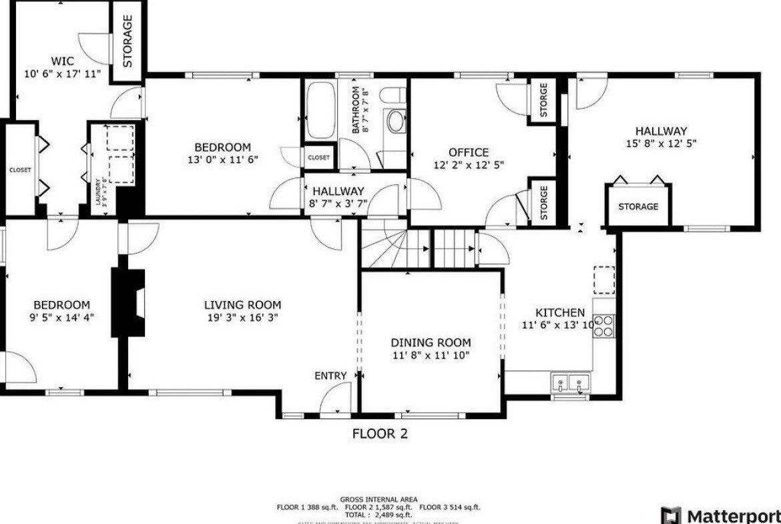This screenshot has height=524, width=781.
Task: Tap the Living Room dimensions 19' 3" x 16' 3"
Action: (x=242, y=318)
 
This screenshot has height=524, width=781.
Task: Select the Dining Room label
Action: (x=431, y=342)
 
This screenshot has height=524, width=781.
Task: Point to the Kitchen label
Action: (x=560, y=312)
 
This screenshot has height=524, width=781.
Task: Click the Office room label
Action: (x=469, y=152)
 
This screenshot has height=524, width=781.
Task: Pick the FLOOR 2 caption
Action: (x=380, y=434)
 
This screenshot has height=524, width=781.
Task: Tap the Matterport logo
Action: (x=720, y=516)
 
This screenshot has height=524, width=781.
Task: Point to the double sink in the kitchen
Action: (x=571, y=383)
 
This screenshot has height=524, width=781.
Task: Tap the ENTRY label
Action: (x=330, y=376)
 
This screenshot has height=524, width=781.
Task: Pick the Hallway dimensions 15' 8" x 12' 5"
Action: (x=661, y=144)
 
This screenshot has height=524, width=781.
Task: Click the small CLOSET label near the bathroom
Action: (x=318, y=158)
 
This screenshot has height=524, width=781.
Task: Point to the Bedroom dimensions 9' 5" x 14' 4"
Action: (x=63, y=317)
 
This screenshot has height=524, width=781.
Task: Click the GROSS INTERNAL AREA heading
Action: (x=379, y=499)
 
